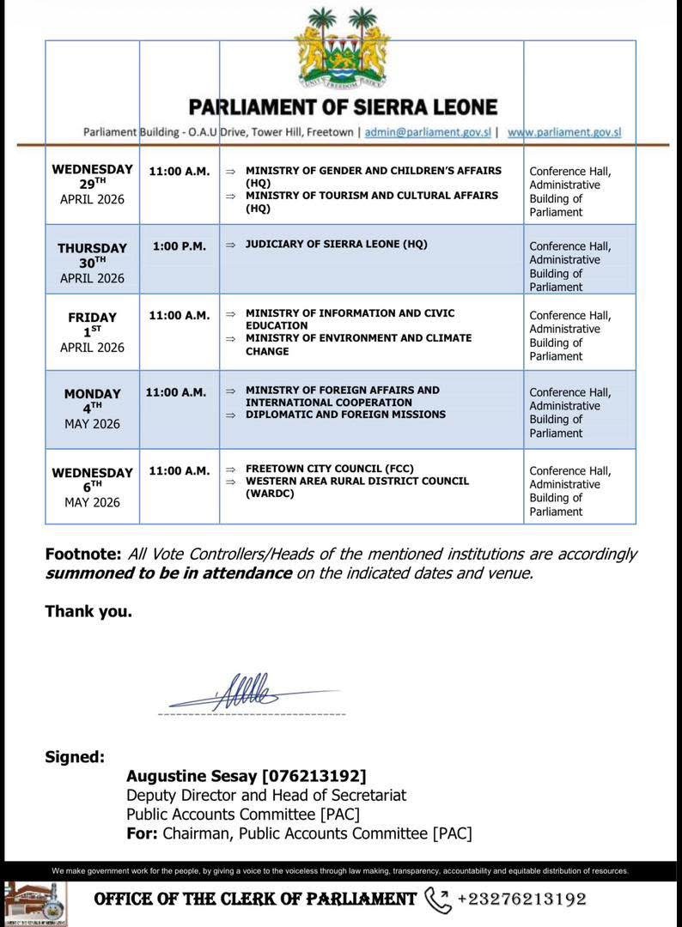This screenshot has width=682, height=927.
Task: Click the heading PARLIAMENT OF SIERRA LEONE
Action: [343, 107]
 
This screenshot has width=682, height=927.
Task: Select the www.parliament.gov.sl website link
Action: [564, 133]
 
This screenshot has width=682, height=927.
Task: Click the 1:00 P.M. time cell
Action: [180, 246]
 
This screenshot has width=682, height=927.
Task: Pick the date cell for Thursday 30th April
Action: [92, 263]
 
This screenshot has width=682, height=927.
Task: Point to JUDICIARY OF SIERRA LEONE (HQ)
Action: [336, 245]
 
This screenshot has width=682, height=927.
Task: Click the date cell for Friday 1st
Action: [92, 332]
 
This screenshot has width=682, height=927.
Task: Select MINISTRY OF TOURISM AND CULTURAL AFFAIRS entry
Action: [371, 201]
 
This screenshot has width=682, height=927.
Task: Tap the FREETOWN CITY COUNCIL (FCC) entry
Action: [329, 469]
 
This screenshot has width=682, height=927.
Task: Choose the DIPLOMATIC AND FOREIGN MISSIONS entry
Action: [345, 415]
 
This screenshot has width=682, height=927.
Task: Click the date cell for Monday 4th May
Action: [92, 409]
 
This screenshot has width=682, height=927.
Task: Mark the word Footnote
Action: [83, 554]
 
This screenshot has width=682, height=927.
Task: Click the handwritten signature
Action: [249, 692]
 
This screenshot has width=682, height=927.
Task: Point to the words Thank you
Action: [88, 612]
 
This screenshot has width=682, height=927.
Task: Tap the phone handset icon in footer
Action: [437, 900]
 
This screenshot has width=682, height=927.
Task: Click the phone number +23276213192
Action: [522, 900]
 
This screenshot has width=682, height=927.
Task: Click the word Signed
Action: [75, 757]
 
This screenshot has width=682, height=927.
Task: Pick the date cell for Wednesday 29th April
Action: [92, 184]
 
